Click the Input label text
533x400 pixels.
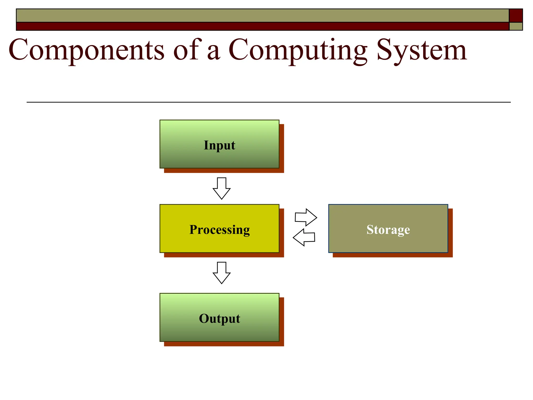(x=219, y=145)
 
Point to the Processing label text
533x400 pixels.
(x=219, y=229)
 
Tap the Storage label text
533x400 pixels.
(x=388, y=229)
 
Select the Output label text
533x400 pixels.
(x=219, y=318)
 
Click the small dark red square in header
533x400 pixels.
(x=516, y=15)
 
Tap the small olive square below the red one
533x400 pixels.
(x=516, y=26)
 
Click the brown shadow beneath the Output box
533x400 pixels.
(x=224, y=344)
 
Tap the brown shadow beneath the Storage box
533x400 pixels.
(x=392, y=255)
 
